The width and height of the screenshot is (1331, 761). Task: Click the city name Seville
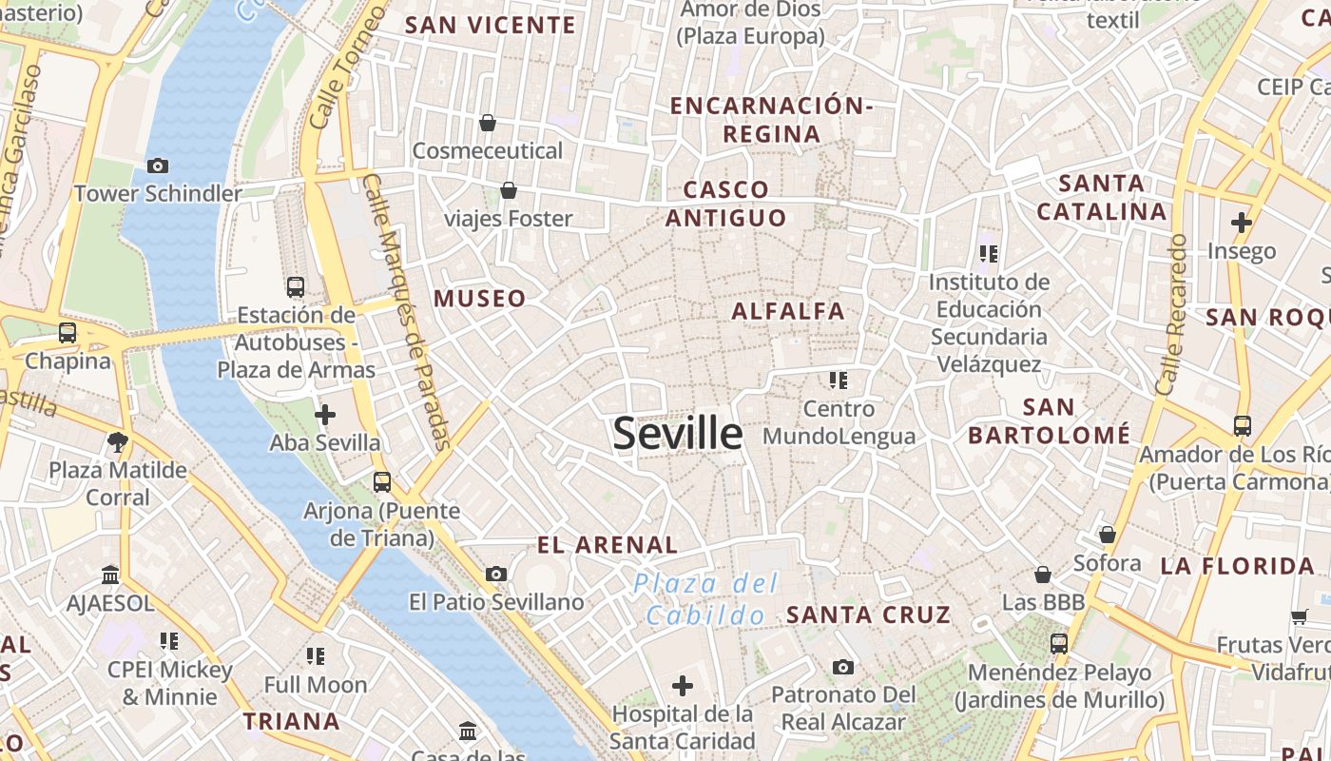[x=677, y=434]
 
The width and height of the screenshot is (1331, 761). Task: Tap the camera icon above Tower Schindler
[x=158, y=166]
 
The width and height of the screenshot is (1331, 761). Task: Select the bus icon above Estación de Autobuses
[x=296, y=286]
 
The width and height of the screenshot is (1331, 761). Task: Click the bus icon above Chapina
[x=67, y=333]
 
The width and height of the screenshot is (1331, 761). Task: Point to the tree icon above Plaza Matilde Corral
[x=118, y=441]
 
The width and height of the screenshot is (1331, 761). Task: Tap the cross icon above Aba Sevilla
[x=325, y=415]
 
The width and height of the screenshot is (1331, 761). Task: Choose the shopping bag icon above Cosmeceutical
[x=488, y=123]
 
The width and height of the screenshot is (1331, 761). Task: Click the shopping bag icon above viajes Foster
[x=509, y=190]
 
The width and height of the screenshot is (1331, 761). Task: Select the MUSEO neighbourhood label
[x=480, y=299]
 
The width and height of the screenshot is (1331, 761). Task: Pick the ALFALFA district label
[x=788, y=311]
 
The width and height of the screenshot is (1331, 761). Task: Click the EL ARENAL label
[x=608, y=545]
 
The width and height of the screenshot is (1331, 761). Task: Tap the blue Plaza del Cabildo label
[x=705, y=599]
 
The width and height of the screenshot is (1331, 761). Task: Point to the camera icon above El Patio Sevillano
[x=495, y=574]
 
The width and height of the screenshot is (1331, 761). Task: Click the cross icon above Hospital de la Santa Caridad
[x=682, y=685]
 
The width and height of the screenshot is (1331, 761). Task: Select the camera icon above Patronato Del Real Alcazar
[x=842, y=667]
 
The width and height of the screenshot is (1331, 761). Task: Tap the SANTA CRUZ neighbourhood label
[x=868, y=615]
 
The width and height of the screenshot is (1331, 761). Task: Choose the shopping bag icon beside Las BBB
[x=1043, y=575]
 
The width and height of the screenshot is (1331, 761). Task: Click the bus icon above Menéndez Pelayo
[x=1059, y=644]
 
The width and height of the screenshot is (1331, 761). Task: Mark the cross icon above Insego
[x=1241, y=223]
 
